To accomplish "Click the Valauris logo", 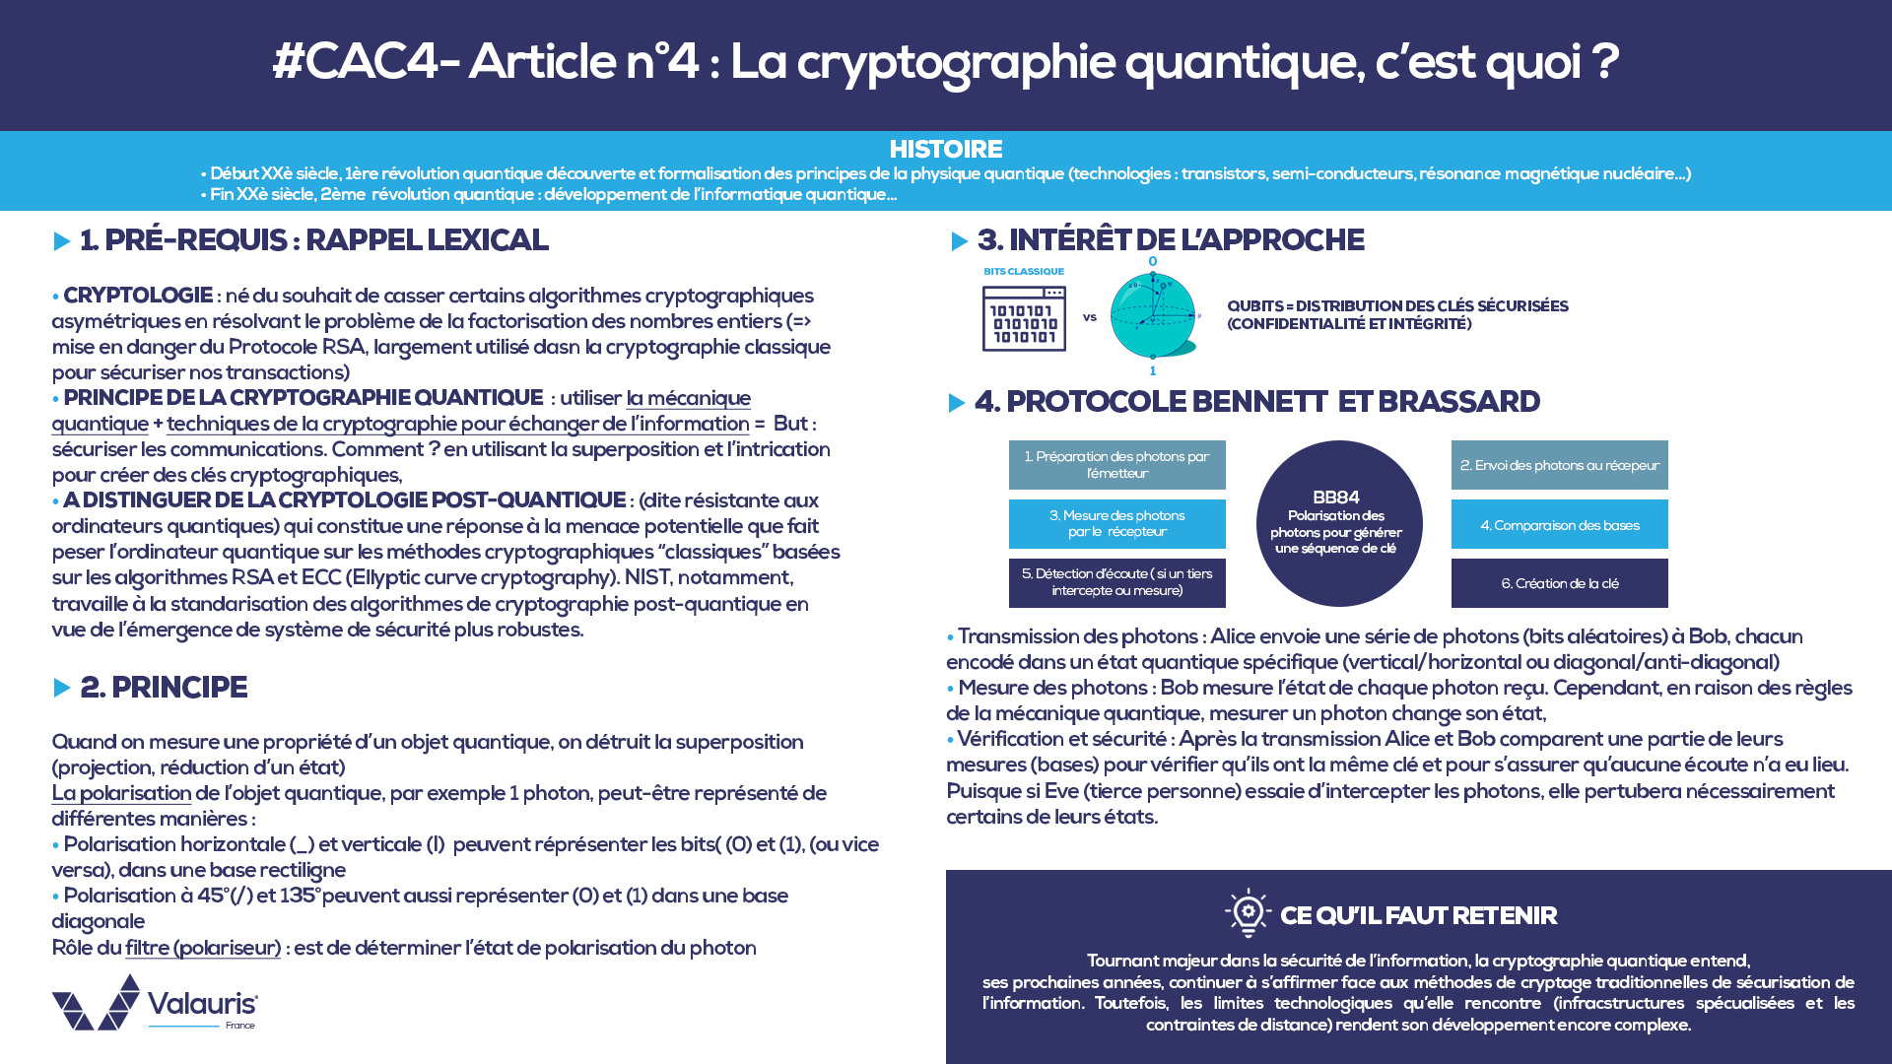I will click(x=155, y=1004).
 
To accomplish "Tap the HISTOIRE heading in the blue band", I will click(x=945, y=149).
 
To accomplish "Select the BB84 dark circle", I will click(x=1338, y=523).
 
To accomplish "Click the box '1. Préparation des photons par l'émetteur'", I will click(x=1116, y=465).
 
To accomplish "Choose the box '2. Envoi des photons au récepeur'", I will click(x=1559, y=465).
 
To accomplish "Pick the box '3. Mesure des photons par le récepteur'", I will click(x=1116, y=523).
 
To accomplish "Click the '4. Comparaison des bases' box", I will click(x=1559, y=524).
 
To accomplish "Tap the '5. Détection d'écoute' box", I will click(x=1116, y=582).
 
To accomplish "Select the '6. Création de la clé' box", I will click(x=1559, y=583).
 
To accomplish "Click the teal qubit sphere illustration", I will click(x=1153, y=316).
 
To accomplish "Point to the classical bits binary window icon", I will click(x=1024, y=319).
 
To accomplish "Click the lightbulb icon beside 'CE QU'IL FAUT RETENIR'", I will click(x=1248, y=912).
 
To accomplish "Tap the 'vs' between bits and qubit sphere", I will click(x=1090, y=317).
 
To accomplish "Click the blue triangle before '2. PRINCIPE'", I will click(x=62, y=688).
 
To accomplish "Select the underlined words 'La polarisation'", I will click(x=121, y=793).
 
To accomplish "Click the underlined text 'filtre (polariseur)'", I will click(x=203, y=948).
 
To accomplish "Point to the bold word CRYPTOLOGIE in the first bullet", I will click(x=138, y=296).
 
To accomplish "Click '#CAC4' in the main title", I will click(x=354, y=62).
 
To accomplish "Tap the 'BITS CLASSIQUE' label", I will click(x=1024, y=271).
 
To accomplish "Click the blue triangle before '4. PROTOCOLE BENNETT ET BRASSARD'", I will click(x=956, y=403).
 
